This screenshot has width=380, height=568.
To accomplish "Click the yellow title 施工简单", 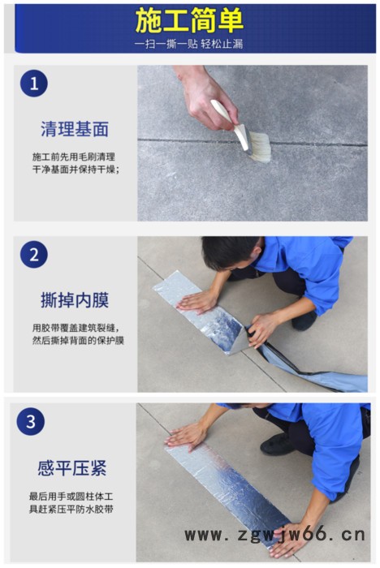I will coord(189,20).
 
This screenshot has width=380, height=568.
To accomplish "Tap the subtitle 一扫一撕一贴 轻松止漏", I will coord(189,44).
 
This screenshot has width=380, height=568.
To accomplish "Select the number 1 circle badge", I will coord(34,83).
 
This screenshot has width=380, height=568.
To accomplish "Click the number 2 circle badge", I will coord(34,254).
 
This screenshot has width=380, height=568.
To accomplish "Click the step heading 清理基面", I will coord(75,129).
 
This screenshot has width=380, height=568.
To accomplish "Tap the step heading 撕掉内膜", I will coord(75,301).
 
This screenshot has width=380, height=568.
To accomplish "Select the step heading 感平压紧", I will coord(72,468).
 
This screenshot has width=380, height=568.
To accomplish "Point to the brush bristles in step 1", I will coord(258,148).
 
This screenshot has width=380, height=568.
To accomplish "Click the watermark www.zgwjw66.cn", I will coord(274,534).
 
